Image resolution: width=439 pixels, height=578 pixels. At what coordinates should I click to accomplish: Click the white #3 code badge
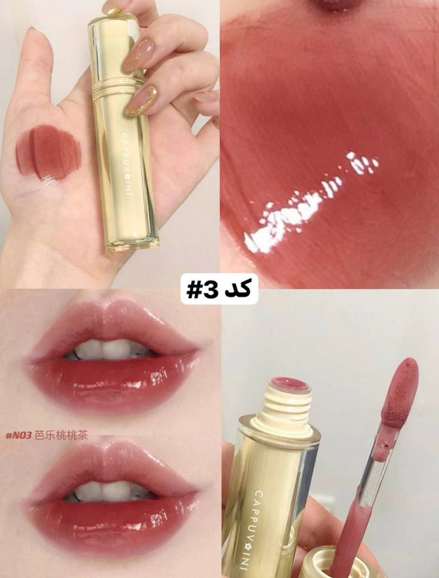tap(219, 289)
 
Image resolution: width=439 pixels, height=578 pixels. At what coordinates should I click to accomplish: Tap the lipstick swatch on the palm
tap(49, 153)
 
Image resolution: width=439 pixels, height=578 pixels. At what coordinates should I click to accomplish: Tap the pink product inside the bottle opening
tap(289, 383)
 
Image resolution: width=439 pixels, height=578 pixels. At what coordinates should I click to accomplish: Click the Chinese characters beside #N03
tap(61, 435)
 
